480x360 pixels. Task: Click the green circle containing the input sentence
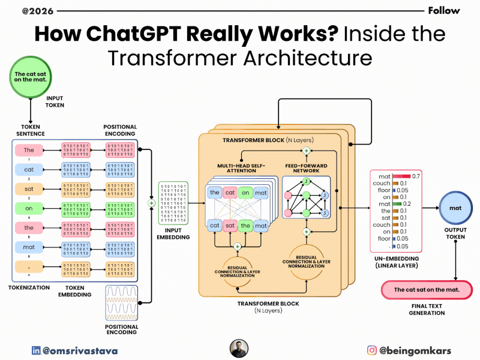tap(29, 77)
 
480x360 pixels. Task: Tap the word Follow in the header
tap(444, 10)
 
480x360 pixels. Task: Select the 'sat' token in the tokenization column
tap(29, 189)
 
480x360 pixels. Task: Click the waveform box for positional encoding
tap(122, 303)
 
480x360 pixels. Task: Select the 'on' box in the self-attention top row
tap(245, 193)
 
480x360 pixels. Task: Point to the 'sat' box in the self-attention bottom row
tap(229, 225)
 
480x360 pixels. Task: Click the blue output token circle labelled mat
tap(457, 208)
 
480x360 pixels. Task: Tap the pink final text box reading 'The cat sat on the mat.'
tap(427, 290)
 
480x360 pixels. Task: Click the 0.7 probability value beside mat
tap(415, 176)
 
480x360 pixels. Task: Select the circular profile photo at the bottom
tap(239, 349)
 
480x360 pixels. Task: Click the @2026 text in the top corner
tap(19, 11)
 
